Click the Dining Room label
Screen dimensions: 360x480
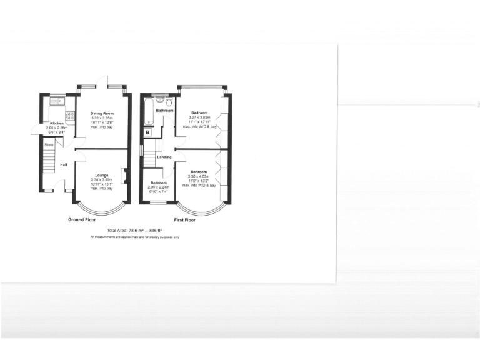tap(102, 113)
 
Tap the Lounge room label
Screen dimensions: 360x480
tap(102, 175)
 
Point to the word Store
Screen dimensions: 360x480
tap(48, 144)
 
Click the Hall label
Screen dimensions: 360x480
tap(64, 165)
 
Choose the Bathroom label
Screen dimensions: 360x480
tap(165, 111)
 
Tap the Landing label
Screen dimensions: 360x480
tap(164, 157)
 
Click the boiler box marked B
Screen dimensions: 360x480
tap(147, 133)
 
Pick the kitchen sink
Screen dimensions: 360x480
tap(57, 99)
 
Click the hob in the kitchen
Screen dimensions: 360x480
tap(72, 116)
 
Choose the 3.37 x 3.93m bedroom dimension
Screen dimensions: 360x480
tap(199, 117)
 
